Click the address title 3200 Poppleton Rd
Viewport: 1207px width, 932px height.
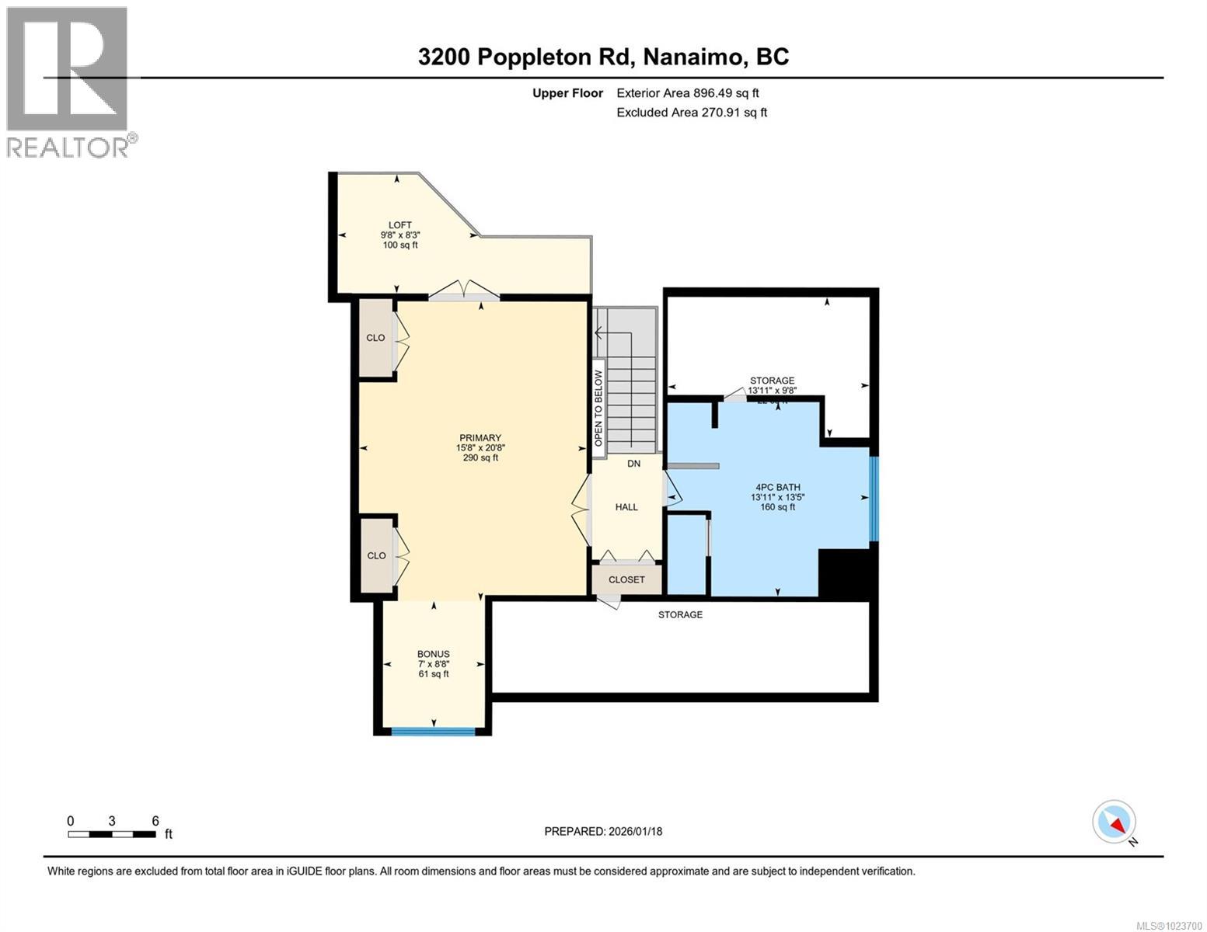click(603, 57)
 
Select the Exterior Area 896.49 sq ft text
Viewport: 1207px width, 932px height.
click(687, 93)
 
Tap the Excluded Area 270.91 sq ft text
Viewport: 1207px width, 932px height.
click(691, 113)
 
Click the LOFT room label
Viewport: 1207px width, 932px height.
click(400, 235)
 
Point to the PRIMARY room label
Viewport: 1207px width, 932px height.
click(480, 447)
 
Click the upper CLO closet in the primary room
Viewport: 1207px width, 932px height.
click(375, 338)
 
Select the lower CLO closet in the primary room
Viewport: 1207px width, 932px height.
click(376, 555)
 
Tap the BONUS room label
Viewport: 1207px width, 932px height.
click(433, 663)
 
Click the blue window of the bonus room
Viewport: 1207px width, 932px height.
click(433, 731)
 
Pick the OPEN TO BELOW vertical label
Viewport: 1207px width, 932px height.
click(598, 408)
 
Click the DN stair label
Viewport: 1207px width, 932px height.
click(633, 464)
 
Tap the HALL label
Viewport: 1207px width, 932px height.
click(626, 507)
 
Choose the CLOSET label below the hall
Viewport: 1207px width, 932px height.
click(626, 579)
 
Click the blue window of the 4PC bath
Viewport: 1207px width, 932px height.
click(873, 498)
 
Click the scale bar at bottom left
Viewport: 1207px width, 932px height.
click(111, 834)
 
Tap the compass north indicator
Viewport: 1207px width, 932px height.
click(1115, 822)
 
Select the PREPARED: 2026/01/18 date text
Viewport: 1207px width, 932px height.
click(603, 831)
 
